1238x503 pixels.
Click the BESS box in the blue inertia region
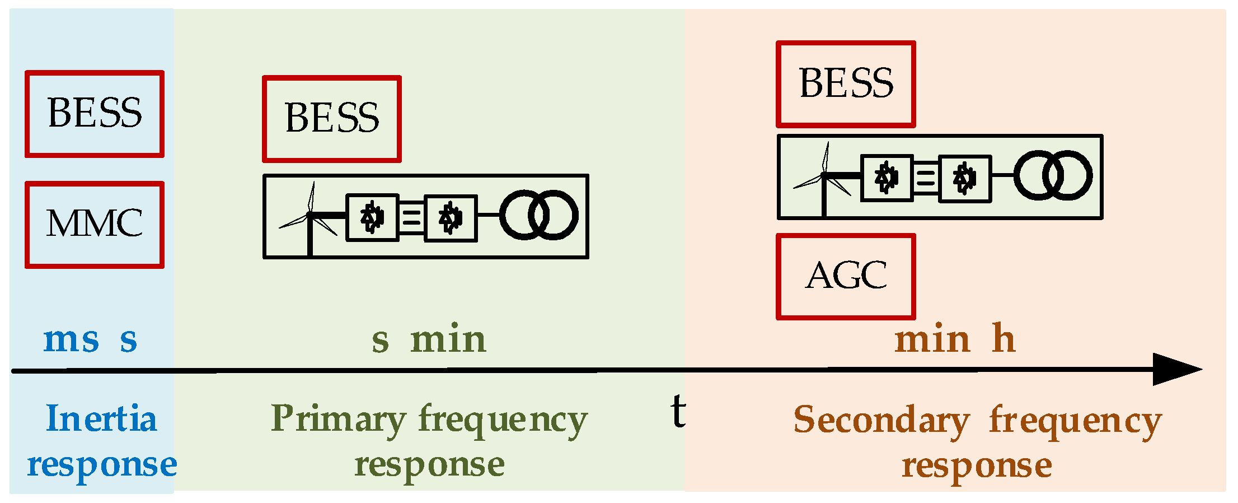point(94,114)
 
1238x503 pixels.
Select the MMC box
point(94,224)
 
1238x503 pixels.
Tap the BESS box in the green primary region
point(332,119)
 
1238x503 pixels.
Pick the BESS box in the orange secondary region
point(846,84)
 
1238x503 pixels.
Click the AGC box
point(846,277)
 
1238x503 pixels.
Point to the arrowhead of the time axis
point(1175,369)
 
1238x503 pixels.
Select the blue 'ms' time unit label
point(71,339)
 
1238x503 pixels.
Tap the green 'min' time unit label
point(448,339)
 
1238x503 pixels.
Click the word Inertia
point(101,419)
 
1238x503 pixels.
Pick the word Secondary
point(881,420)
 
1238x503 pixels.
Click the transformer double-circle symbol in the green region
point(538,215)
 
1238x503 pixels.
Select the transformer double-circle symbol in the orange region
point(1053,175)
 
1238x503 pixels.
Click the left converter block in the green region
point(372,217)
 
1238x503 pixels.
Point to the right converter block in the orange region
point(964,179)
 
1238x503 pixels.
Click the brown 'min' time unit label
point(932,339)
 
